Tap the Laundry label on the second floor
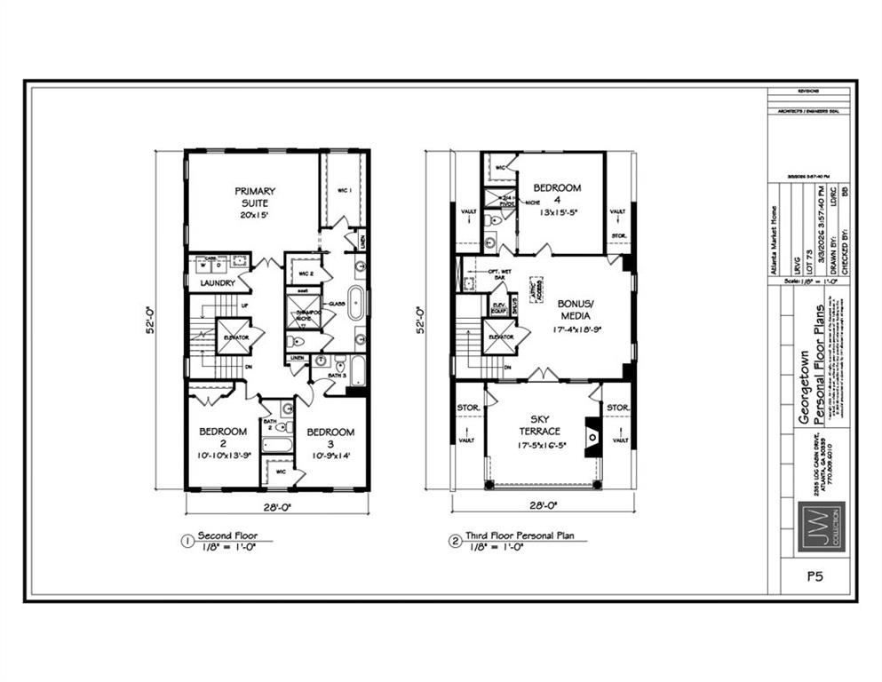pos(217,283)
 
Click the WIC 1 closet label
pos(345,191)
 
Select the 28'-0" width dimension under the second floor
pos(276,507)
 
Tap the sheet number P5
pos(814,576)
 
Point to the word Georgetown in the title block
pos(805,400)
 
